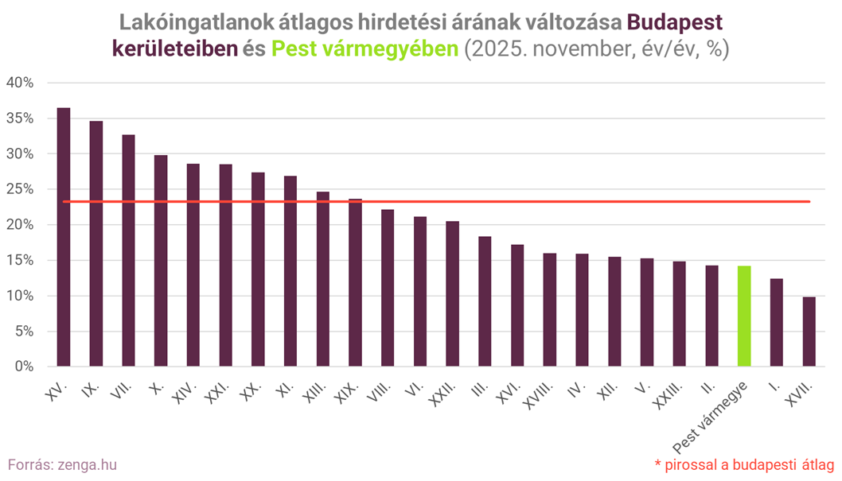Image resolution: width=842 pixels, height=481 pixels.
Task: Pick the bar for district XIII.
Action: (x=323, y=279)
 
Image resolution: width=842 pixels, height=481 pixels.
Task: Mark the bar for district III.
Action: (x=485, y=301)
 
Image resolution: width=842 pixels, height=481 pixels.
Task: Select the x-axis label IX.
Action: (x=94, y=387)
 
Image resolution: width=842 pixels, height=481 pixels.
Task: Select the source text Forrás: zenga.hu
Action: (x=56, y=464)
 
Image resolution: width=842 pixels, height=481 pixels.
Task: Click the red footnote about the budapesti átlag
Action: (x=743, y=464)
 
